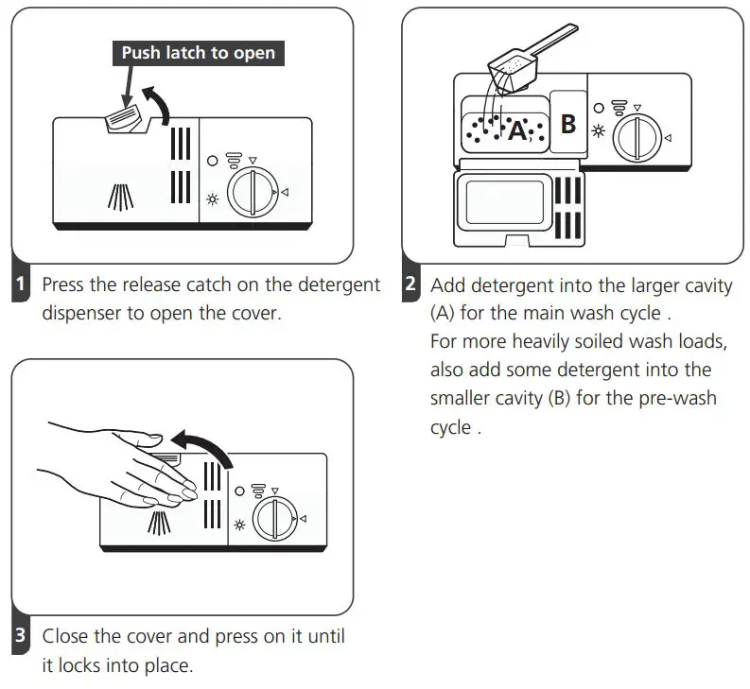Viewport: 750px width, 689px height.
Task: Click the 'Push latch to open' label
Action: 199,53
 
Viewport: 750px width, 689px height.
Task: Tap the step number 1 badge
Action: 21,284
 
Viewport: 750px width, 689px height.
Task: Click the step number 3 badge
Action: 21,637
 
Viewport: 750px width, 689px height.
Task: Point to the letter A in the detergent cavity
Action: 517,131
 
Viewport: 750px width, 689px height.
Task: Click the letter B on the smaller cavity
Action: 567,124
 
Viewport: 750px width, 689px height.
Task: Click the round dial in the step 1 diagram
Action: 252,193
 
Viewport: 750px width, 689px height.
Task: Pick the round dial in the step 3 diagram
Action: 277,520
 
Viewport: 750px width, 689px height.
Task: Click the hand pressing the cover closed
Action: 123,468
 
